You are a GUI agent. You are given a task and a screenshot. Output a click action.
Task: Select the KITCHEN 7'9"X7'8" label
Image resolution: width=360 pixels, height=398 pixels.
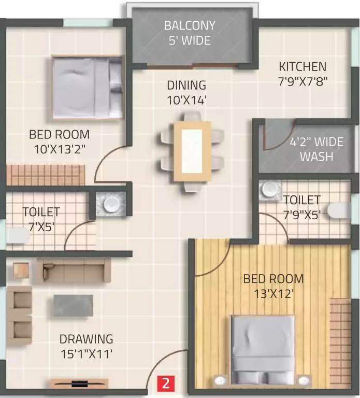tap(303, 74)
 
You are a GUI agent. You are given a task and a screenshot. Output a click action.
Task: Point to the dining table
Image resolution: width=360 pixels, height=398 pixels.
tap(192, 151)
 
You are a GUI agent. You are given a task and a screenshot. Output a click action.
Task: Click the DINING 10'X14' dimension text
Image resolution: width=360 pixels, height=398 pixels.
tap(186, 92)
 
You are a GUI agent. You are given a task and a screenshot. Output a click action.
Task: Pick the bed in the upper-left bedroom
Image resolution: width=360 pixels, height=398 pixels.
tap(88, 87)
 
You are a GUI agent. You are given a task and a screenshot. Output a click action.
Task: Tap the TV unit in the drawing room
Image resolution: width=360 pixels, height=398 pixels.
tap(79, 384)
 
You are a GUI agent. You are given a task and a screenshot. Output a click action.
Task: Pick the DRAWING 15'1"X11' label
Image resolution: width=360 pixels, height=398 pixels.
tap(86, 346)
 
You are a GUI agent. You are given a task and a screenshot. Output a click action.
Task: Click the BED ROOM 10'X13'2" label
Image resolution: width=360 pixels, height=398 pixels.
tap(59, 141)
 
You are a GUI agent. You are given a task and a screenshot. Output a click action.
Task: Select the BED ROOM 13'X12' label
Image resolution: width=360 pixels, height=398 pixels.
tap(273, 286)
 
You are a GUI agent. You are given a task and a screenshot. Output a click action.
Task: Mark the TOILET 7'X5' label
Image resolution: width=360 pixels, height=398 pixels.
tap(40, 219)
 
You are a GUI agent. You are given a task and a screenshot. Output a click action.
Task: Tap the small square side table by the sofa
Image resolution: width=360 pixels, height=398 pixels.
tap(21, 270)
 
